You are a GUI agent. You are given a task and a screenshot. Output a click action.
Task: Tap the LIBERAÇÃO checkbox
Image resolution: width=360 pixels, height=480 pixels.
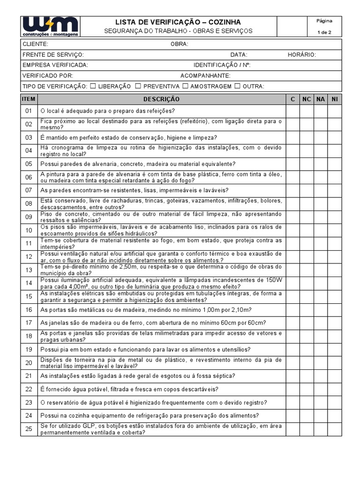pos(93,86)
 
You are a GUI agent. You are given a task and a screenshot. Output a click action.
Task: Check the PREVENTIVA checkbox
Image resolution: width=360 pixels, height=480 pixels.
pos(138,86)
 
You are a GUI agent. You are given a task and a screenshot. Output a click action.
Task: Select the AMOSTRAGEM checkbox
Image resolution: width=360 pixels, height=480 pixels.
pos(186,86)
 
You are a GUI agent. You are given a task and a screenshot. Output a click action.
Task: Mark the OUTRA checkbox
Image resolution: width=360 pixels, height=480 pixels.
pos(237,86)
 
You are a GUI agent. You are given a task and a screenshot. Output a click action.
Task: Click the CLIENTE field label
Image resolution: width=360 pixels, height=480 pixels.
pos(35,44)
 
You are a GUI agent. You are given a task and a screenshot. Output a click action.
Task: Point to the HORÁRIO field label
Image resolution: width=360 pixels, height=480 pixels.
pos(302,55)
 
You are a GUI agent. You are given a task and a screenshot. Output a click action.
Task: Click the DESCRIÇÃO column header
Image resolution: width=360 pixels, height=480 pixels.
pos(161,99)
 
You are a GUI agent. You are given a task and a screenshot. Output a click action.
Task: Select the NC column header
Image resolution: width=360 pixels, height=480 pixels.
pos(307,99)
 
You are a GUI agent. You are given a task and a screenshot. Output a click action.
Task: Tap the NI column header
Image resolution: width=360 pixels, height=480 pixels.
pos(334,99)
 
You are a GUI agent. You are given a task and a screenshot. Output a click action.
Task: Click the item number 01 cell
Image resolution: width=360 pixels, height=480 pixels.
pos(29,111)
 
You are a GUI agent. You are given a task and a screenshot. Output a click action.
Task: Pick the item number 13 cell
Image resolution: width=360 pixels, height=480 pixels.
pos(29,270)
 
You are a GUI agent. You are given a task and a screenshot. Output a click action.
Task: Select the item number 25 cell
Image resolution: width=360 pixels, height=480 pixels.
pos(29,429)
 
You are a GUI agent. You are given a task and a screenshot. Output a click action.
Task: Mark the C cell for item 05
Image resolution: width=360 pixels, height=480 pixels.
pos(292,164)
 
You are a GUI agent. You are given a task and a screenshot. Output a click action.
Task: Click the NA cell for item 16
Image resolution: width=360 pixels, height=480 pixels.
pos(321,310)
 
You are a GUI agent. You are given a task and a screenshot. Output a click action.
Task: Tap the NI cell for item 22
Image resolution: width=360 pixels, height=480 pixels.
pos(334,389)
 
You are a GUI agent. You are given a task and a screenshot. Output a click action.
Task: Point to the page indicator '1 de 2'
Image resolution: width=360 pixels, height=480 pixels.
pos(324,32)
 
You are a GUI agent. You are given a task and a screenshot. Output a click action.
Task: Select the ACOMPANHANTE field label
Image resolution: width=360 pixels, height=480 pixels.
pos(205,75)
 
